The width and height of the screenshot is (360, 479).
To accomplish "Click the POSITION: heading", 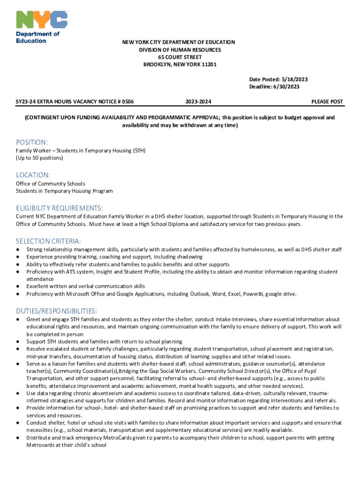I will coord(32,142).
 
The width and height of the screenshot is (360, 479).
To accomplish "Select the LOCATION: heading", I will coord(33,174).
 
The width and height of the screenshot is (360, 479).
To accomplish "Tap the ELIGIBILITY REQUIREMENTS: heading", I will coord(59,208).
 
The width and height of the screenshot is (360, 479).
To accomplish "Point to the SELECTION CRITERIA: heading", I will coord(48,241).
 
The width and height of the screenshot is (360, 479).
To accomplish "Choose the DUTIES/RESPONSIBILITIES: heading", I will coord(57,311).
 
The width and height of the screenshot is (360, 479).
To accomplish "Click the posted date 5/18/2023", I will coord(295,80).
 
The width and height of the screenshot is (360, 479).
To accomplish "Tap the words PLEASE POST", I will coord(327,102).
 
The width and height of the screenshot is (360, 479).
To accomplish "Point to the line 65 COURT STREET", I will coord(180,57).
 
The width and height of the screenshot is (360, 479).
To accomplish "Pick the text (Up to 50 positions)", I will coord(39,158).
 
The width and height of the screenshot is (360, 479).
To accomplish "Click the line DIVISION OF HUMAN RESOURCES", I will coord(180,50).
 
